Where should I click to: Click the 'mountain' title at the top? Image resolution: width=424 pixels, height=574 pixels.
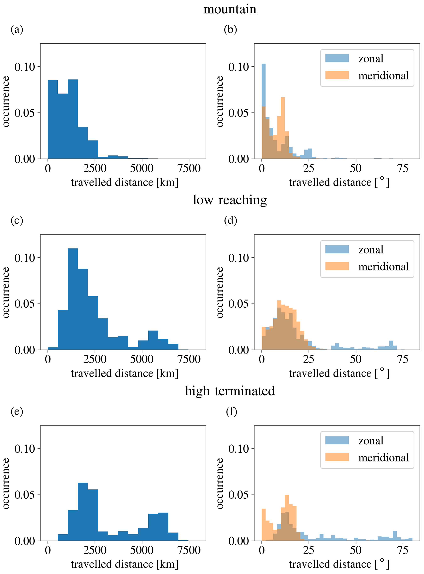coord(230,9)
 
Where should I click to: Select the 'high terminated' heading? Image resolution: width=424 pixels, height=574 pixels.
coord(230,391)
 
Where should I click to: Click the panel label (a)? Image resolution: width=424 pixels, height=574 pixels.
coord(17,29)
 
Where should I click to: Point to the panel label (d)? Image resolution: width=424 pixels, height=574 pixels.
coord(231,220)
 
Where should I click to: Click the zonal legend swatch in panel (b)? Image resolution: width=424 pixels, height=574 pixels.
coord(337,58)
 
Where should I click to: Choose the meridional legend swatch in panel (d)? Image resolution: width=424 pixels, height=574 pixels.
coord(337,266)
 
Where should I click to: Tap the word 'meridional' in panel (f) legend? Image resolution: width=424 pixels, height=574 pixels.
coord(383,458)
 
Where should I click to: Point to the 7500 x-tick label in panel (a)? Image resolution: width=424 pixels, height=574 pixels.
coord(189,169)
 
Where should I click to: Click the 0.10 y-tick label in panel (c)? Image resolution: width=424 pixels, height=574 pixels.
coord(25,258)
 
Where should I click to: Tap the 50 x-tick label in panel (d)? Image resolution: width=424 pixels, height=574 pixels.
coord(356,359)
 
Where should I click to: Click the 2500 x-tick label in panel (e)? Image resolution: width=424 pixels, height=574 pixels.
coord(95,550)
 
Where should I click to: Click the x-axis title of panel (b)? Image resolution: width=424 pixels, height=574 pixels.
coord(339,182)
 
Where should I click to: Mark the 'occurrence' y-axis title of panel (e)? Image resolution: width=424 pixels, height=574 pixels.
coord(6,483)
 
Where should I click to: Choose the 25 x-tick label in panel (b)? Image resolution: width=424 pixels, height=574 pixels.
coord(309,169)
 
